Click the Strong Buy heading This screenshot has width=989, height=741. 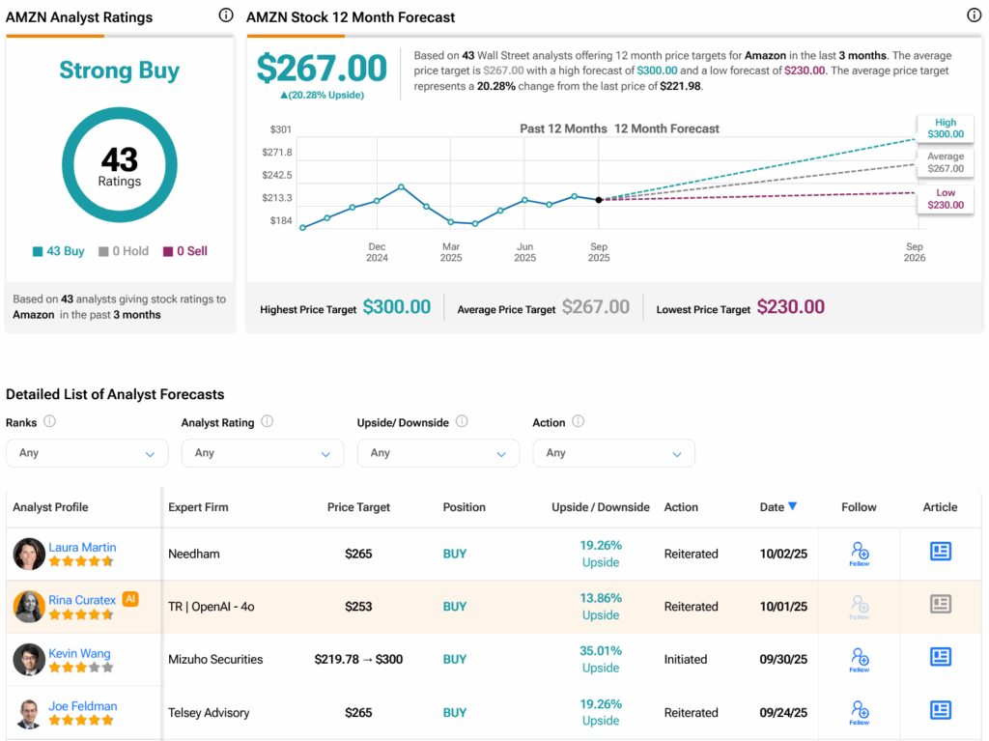tap(119, 71)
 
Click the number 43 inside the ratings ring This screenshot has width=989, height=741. tap(119, 158)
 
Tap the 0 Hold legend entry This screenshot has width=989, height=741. tap(124, 251)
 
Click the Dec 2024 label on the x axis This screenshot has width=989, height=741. tap(377, 252)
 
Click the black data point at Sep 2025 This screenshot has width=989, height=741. tap(599, 200)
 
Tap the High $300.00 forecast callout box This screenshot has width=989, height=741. tap(945, 129)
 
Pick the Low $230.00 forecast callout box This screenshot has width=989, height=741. tap(945, 199)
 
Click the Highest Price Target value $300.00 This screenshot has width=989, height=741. tap(396, 307)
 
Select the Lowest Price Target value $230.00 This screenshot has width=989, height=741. tap(790, 307)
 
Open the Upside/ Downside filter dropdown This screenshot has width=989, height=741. tap(438, 453)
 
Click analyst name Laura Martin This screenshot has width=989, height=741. tap(82, 548)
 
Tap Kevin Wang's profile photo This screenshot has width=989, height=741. tap(29, 660)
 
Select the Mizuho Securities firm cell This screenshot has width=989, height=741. tap(215, 660)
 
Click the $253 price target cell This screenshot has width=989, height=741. tap(358, 607)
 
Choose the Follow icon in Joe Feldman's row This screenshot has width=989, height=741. tap(860, 711)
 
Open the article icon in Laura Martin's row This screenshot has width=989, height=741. tap(940, 552)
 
